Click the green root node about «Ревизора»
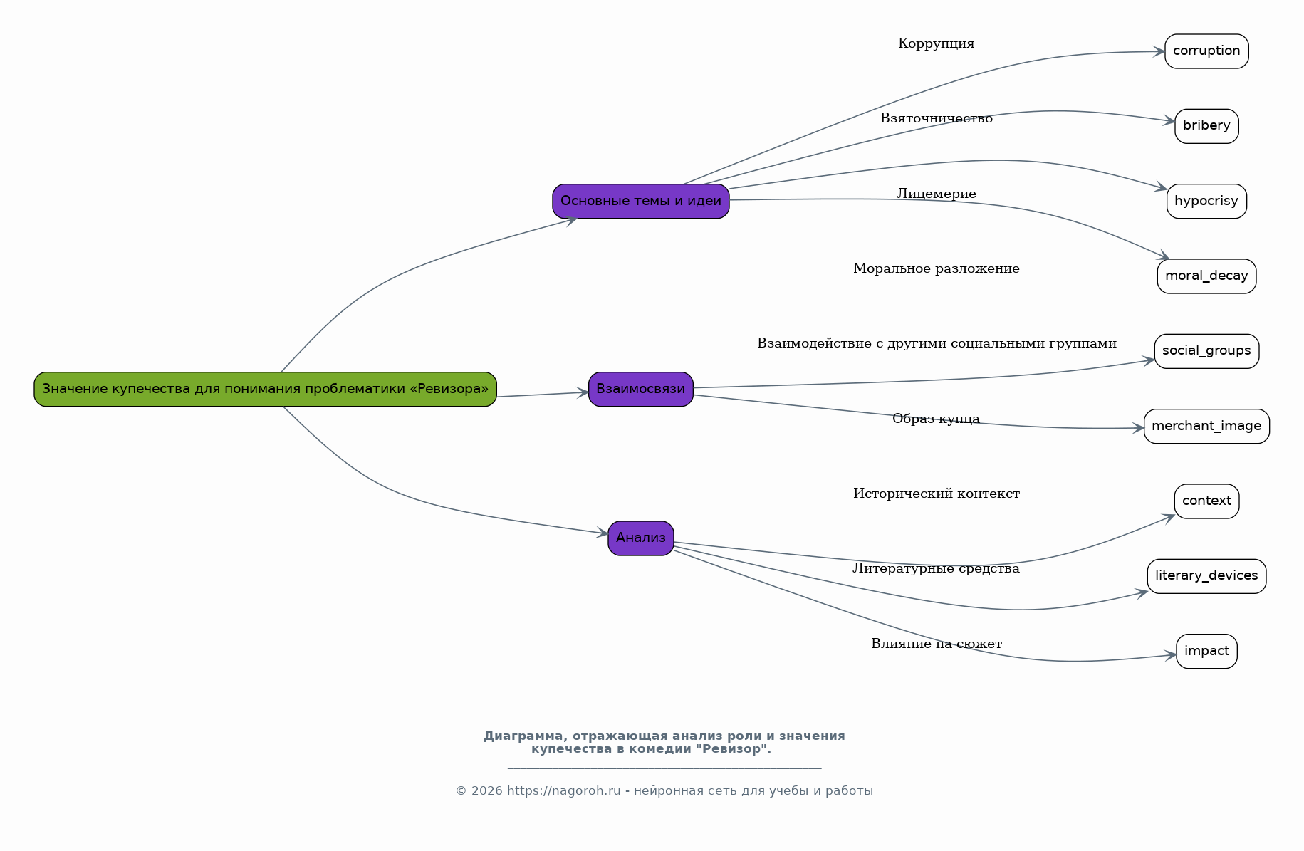(x=265, y=390)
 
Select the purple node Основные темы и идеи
(x=641, y=202)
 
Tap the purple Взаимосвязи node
(x=641, y=390)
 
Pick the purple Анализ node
(x=641, y=538)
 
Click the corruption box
(x=1206, y=51)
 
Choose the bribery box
(x=1206, y=126)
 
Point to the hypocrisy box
(x=1206, y=202)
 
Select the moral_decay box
(x=1206, y=276)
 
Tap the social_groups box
(x=1206, y=351)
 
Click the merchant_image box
(x=1206, y=427)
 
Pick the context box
(x=1206, y=501)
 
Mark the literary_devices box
(x=1206, y=576)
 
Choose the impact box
(x=1206, y=652)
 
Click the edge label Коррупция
(x=936, y=44)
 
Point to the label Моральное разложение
(x=936, y=269)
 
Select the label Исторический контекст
(x=936, y=494)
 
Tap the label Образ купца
(x=936, y=419)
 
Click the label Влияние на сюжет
(x=936, y=644)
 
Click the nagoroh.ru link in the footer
(x=563, y=791)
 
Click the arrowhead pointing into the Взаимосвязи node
(x=583, y=392)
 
